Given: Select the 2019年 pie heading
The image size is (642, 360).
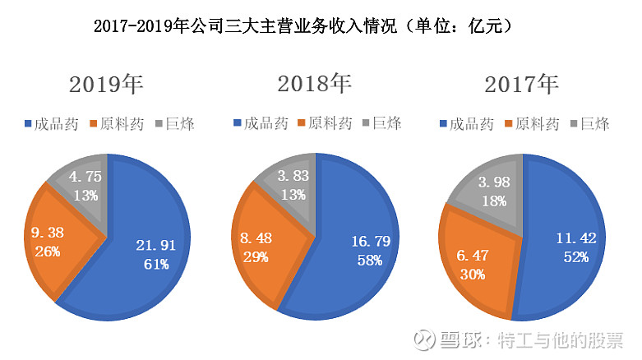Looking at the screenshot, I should click(106, 85).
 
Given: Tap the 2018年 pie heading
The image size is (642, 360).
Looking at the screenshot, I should click(314, 85).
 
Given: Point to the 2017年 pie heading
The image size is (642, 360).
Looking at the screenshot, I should click(522, 85).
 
